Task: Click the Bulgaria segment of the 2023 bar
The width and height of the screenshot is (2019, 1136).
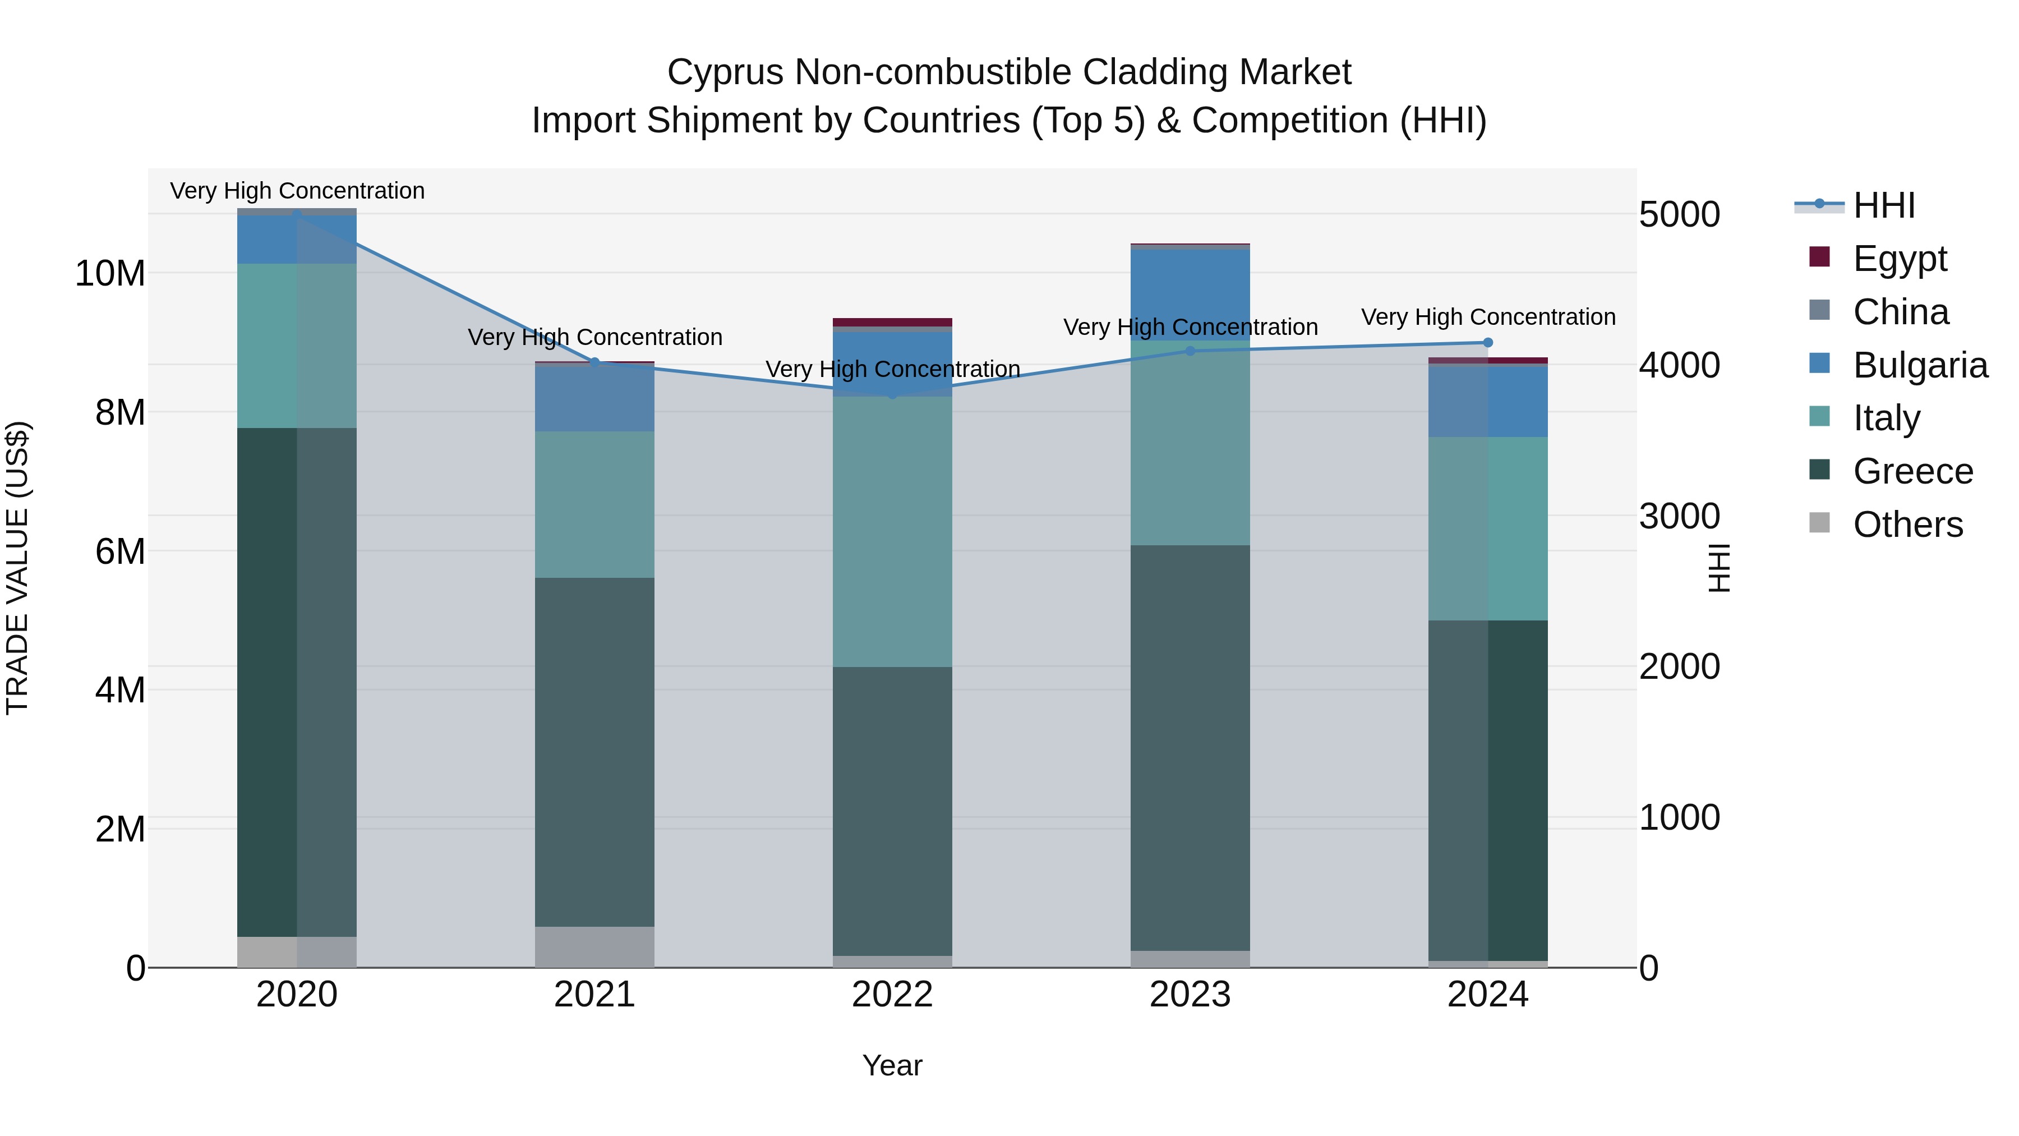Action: coord(1190,294)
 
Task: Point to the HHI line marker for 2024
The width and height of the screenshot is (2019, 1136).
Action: coord(1487,343)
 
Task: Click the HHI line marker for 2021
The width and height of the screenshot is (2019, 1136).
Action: coord(594,362)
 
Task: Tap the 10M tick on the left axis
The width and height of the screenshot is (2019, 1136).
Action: coord(110,274)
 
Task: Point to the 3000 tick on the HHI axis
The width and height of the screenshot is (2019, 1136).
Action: coord(1679,516)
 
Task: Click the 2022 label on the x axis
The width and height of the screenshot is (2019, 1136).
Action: coord(892,995)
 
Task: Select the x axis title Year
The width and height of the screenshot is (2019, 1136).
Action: coord(892,1065)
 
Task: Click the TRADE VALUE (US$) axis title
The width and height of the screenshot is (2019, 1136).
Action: coord(17,568)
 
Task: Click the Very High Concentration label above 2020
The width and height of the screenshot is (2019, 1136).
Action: coord(297,191)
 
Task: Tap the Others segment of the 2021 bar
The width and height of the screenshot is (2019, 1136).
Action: coord(594,946)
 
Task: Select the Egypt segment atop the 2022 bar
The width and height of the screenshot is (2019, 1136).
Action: coord(892,322)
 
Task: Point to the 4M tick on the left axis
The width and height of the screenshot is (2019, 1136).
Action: coord(119,690)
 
